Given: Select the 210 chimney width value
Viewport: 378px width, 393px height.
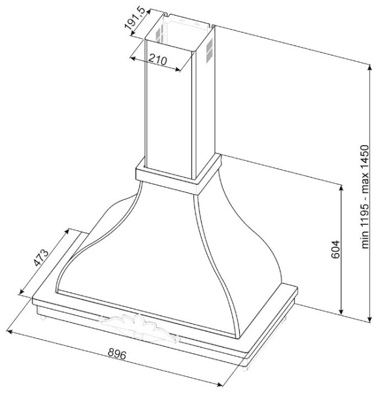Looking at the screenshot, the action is click(158, 60).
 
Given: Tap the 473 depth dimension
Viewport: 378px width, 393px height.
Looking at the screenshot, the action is click(41, 258).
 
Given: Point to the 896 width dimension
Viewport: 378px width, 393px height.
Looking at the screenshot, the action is click(117, 354).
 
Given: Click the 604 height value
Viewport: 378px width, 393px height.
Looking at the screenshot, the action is click(335, 249).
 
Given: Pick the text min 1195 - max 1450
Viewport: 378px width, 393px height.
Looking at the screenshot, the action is click(365, 197).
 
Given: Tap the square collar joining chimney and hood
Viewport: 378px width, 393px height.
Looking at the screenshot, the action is click(178, 174).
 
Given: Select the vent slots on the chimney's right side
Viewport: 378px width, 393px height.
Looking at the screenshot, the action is click(210, 50).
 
